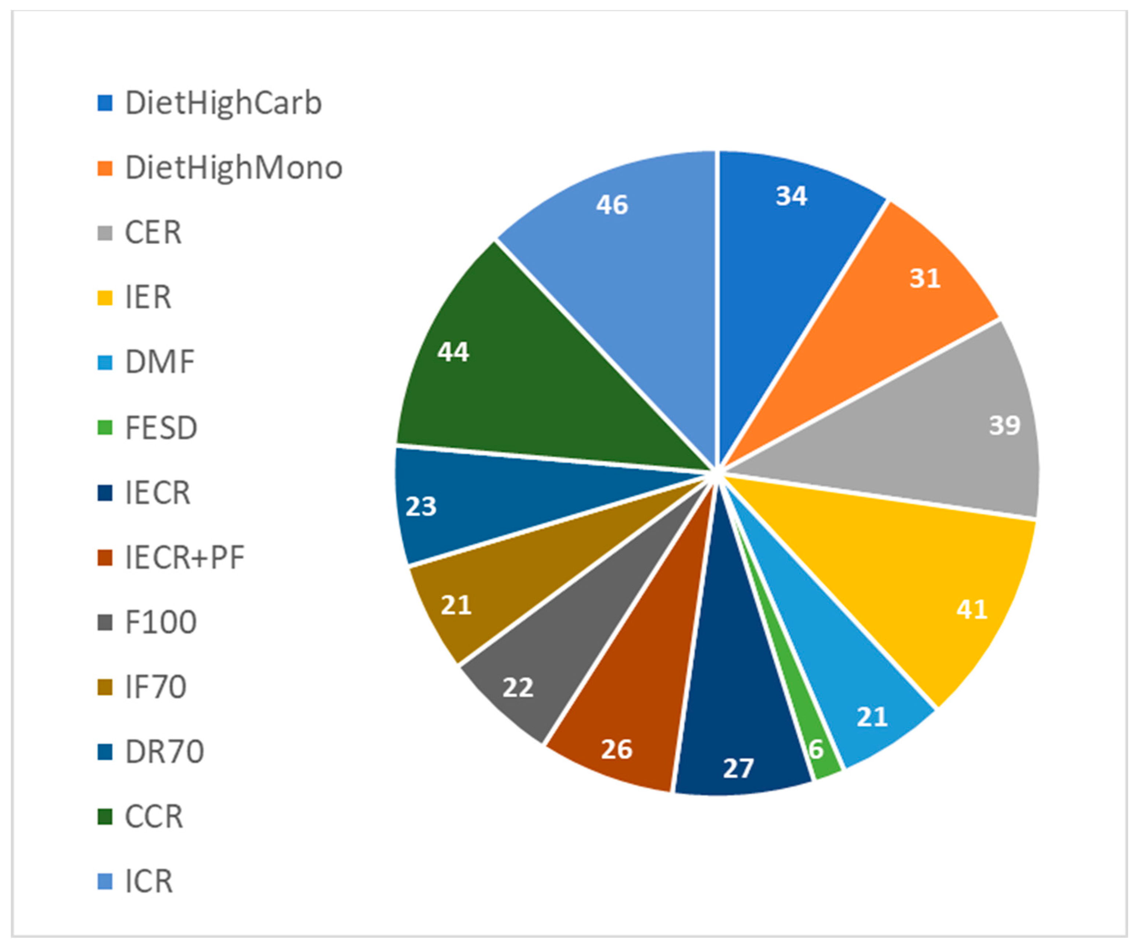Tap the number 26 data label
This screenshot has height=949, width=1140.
[x=617, y=750]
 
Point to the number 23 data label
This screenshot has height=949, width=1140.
[x=421, y=506]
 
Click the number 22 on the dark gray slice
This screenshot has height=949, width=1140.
[x=518, y=688]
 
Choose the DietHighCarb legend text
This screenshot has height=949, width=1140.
[x=223, y=103]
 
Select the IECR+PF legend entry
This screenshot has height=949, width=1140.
[x=184, y=558]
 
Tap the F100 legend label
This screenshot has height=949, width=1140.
[x=161, y=622]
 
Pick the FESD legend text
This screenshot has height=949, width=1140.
[x=161, y=428]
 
